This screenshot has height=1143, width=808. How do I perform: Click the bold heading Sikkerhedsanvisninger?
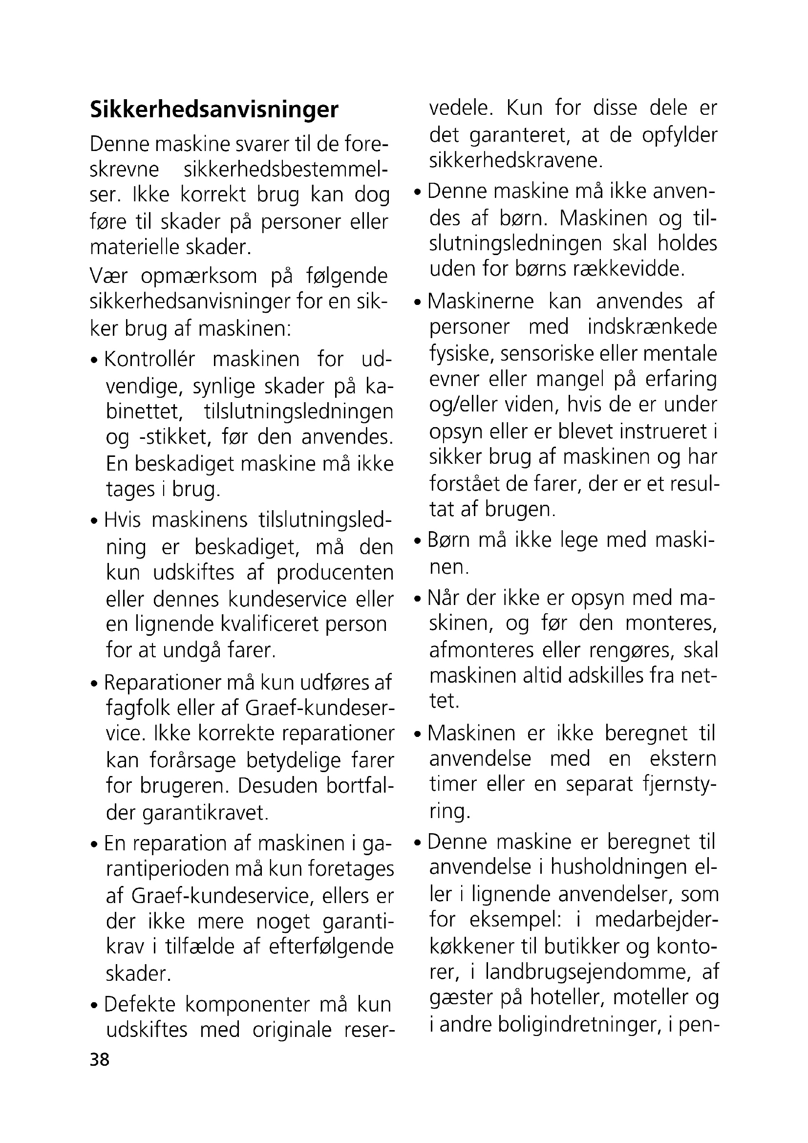pos(214,110)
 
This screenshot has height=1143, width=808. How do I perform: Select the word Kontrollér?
pos(150,360)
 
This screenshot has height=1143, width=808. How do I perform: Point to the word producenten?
pos(335,573)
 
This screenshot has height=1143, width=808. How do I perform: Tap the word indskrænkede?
pos(652,327)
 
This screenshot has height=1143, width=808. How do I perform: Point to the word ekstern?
pos(682,759)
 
